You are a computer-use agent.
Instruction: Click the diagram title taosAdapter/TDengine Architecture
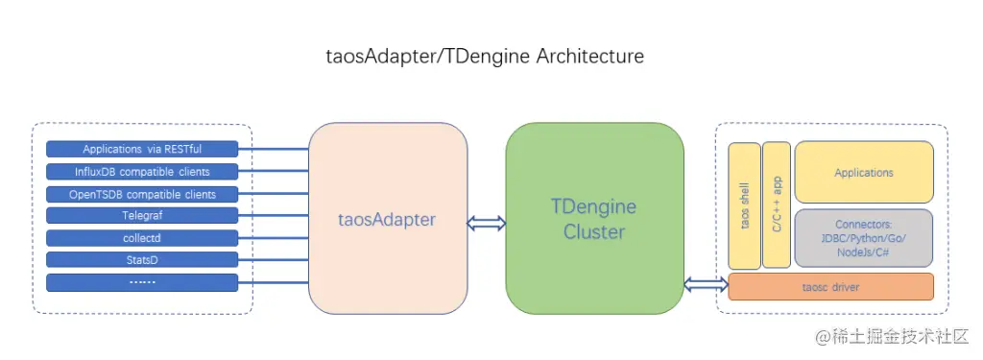[x=485, y=57]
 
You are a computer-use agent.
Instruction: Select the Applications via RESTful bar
[x=142, y=149]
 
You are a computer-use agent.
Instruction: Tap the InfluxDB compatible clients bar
[x=142, y=172]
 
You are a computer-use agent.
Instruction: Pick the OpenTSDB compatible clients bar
[x=142, y=194]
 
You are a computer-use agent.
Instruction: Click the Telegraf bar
[x=142, y=216]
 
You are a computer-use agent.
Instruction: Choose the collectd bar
[x=142, y=238]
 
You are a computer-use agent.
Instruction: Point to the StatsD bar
[x=142, y=260]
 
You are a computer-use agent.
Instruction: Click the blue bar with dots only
[x=142, y=282]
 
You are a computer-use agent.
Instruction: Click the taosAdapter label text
[x=388, y=220]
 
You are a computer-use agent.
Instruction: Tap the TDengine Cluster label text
[x=593, y=219]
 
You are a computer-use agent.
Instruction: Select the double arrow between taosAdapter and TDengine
[x=486, y=223]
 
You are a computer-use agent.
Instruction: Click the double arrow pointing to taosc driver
[x=706, y=284]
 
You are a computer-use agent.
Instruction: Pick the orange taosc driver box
[x=830, y=286]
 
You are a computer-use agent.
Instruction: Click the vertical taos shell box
[x=744, y=205]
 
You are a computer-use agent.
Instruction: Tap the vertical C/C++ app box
[x=777, y=205]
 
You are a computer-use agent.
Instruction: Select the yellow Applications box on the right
[x=863, y=172]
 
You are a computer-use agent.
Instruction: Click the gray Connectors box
[x=863, y=237]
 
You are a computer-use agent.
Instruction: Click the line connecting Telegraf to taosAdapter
[x=274, y=216]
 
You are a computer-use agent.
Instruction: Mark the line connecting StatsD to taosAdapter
[x=274, y=260]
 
